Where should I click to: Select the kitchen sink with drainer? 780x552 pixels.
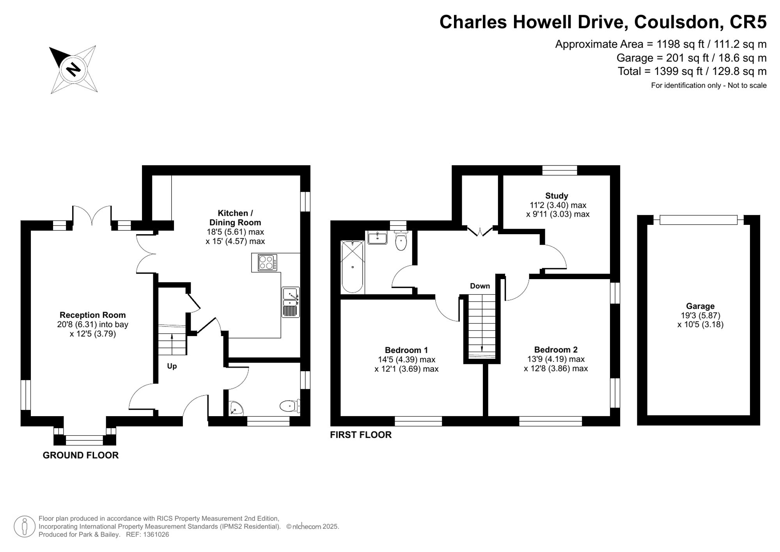click(291, 302)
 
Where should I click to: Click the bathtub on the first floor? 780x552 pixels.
click(352, 267)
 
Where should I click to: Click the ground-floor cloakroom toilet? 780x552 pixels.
click(290, 406)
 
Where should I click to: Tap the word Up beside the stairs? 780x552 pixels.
click(172, 366)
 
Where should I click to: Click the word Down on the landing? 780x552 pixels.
click(480, 286)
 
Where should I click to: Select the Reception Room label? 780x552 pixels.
click(93, 315)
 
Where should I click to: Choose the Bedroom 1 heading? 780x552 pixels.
click(406, 350)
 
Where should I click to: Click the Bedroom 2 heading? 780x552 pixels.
click(556, 349)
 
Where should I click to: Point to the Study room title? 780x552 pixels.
click(557, 196)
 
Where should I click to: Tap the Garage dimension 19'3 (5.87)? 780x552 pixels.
click(700, 315)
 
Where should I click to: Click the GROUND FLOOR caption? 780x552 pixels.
click(81, 455)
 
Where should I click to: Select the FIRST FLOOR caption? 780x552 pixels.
click(361, 435)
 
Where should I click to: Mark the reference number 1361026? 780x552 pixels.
click(156, 534)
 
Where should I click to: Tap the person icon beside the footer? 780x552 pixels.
click(25, 527)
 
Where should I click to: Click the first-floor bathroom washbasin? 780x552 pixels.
click(378, 237)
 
